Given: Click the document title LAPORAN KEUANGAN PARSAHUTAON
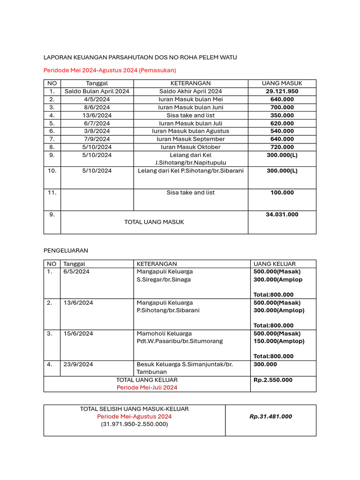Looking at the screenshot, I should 140,57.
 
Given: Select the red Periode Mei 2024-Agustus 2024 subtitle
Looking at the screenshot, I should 110,70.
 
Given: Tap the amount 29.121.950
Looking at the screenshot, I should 282,91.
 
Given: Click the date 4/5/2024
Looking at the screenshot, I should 97,99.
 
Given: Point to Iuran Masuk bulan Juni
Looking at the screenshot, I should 191,107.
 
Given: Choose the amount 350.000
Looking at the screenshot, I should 282,115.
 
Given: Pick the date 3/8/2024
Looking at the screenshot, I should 97,131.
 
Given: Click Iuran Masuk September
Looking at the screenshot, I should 191,139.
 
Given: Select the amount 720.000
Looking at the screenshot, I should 282,147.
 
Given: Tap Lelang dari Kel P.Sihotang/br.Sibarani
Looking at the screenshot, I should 191,171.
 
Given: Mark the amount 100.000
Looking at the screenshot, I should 282,193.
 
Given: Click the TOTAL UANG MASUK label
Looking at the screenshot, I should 154,222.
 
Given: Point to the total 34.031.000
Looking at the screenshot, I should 282,215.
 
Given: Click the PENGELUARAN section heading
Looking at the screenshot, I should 66,251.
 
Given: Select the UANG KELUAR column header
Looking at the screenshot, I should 275,264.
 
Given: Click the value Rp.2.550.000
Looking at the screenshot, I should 273,380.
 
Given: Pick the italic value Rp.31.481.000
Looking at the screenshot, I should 270,416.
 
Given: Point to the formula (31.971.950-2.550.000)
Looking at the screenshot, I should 134,424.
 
